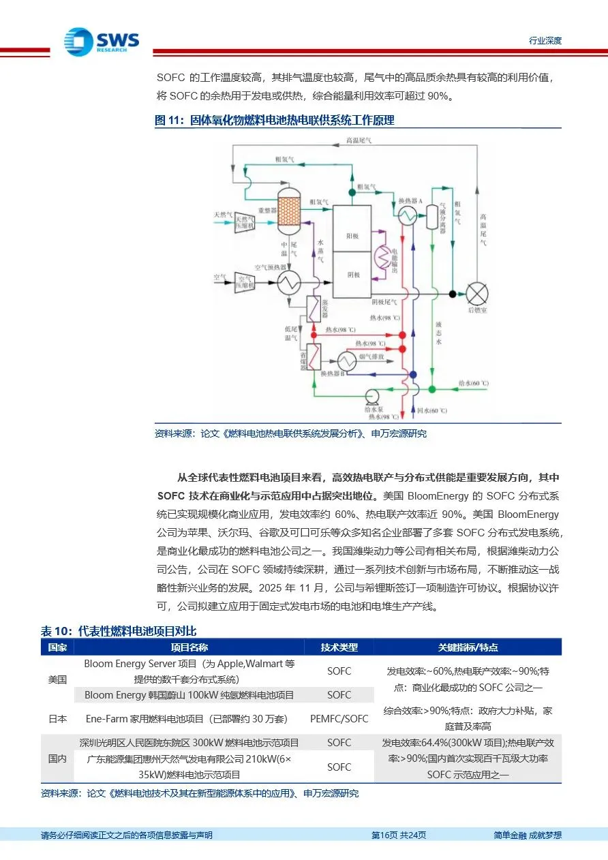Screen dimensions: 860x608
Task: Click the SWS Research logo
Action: (102, 42)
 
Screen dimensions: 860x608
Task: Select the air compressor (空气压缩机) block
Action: (243, 281)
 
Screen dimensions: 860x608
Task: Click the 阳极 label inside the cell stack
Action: (352, 236)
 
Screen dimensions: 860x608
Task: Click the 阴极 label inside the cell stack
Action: (352, 275)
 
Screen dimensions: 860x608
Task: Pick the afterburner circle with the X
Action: (477, 294)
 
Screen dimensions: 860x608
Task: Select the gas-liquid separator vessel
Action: (431, 216)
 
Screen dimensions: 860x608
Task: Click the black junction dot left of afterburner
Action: (452, 294)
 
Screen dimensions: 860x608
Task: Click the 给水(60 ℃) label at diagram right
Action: (474, 384)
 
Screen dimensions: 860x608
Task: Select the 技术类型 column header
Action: (339, 647)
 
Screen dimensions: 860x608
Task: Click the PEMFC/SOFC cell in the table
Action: (339, 718)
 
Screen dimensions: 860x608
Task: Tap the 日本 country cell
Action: (57, 718)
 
